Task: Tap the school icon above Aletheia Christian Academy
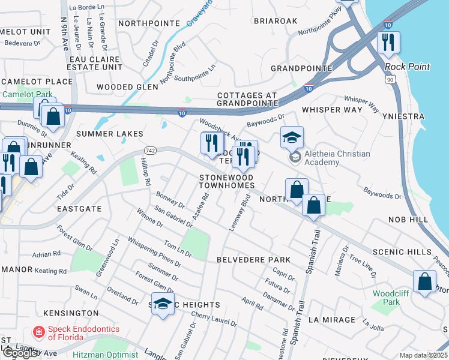(x=292, y=137)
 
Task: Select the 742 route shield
(x=150, y=150)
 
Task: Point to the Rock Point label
(x=408, y=67)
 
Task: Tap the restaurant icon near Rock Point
(x=388, y=42)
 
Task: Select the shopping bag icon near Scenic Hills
(x=424, y=282)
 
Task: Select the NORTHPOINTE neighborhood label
(x=149, y=23)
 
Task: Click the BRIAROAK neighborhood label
(x=276, y=20)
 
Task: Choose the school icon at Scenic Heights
(x=163, y=304)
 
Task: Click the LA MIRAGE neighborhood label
(x=333, y=320)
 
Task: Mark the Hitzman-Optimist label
(x=106, y=355)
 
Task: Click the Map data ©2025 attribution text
(x=423, y=355)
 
